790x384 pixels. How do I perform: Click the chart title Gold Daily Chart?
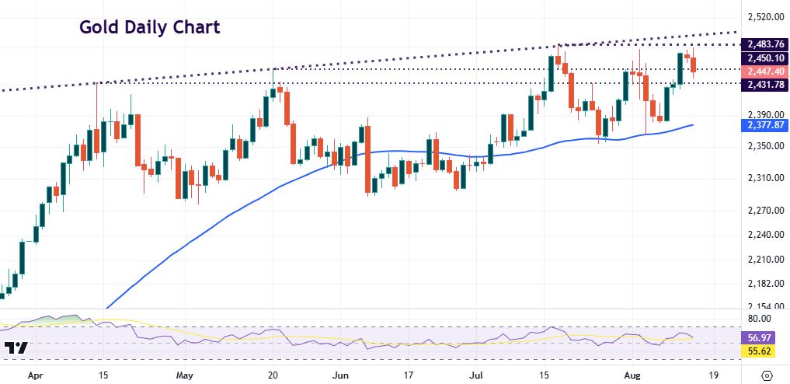coord(150,27)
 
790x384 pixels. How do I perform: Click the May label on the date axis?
coord(184,373)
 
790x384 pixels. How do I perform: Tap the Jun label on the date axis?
coord(341,373)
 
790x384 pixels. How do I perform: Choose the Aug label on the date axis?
coord(635,373)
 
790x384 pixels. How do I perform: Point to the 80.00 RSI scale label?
coord(758,319)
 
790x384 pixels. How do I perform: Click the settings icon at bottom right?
coord(767,375)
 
